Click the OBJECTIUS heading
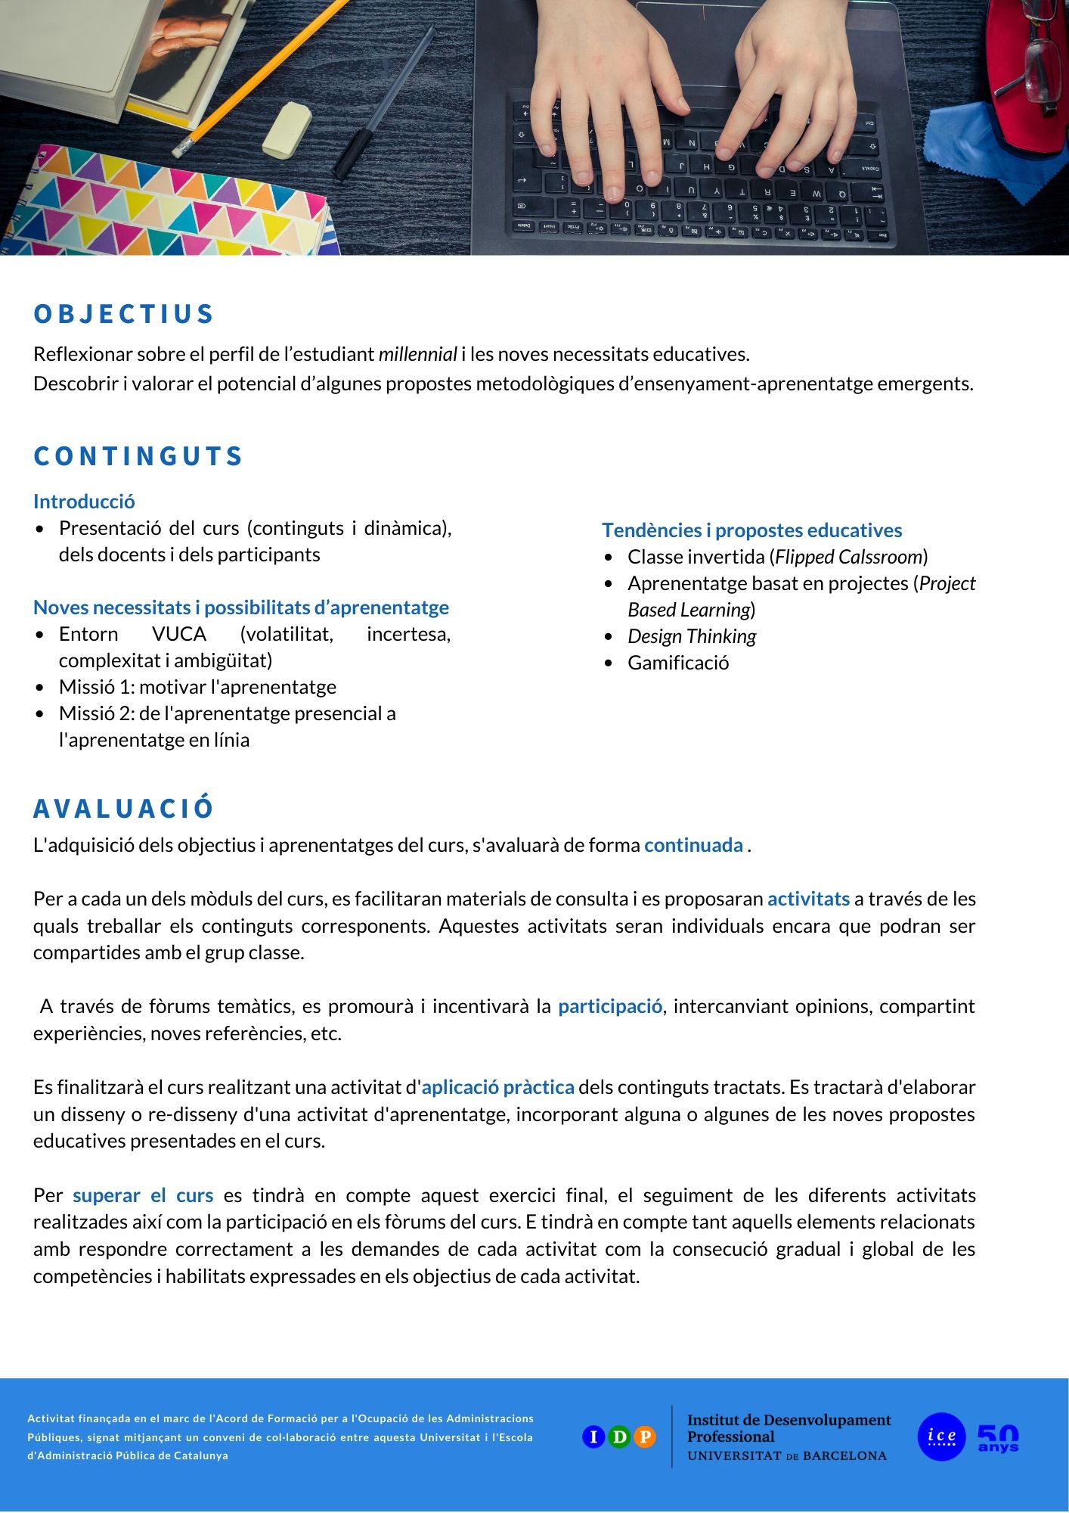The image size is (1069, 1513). click(x=124, y=314)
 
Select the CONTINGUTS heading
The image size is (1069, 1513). click(x=138, y=456)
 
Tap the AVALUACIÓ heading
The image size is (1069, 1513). click(x=124, y=809)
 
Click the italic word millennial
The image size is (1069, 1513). click(x=417, y=354)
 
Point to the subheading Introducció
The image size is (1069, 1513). click(x=84, y=502)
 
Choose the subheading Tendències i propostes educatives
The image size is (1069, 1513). click(x=751, y=530)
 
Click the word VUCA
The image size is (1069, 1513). click(x=179, y=634)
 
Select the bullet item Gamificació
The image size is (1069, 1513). click(x=678, y=663)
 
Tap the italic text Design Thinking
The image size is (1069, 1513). click(x=692, y=636)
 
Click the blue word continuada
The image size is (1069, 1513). click(x=693, y=845)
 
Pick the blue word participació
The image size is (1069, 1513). click(x=610, y=1006)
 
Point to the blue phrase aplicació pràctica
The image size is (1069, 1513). click(x=497, y=1087)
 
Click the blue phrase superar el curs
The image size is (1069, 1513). click(x=143, y=1195)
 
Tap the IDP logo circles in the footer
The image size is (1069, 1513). click(x=618, y=1437)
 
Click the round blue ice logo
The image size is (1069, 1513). click(x=941, y=1437)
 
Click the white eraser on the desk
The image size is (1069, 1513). click(x=287, y=129)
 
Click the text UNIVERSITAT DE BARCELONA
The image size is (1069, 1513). click(x=786, y=1456)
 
